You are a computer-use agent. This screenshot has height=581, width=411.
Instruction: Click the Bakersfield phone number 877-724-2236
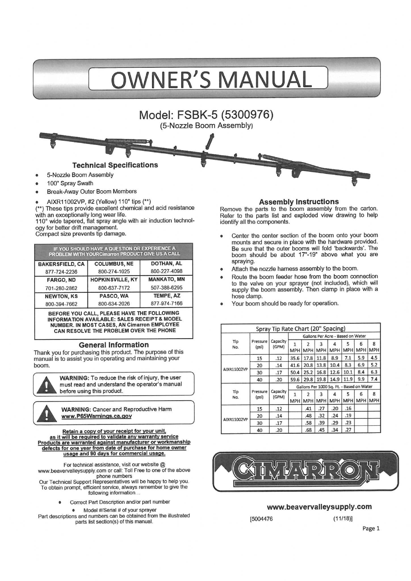pos(61,271)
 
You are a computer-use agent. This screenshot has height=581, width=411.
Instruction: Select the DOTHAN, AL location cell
pos(166,264)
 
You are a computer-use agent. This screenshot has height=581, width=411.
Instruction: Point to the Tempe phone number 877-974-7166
pos(166,303)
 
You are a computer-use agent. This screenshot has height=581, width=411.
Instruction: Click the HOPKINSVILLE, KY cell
pos(114,279)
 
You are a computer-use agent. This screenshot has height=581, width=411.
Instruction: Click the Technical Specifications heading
pos(115,165)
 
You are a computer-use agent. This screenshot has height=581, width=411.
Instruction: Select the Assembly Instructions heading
pos(299,202)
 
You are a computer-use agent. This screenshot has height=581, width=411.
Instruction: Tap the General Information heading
pos(114,345)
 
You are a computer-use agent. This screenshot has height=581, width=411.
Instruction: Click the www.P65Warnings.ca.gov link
pos(97,416)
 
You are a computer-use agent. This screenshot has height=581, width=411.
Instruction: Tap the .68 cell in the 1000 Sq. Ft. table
pos(308,430)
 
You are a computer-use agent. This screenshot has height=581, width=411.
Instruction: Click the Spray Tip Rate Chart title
pos(301,329)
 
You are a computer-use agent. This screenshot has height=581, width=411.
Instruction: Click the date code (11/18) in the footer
pos(343,519)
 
